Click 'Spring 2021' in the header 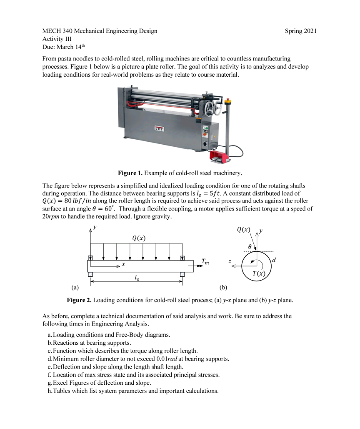pyautogui.click(x=301, y=31)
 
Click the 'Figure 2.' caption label pyautogui.click(x=79, y=300)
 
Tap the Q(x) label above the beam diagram pyautogui.click(x=138, y=238)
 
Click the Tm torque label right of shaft pyautogui.click(x=205, y=262)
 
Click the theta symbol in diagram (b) pyautogui.click(x=249, y=247)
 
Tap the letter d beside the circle pyautogui.click(x=273, y=261)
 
